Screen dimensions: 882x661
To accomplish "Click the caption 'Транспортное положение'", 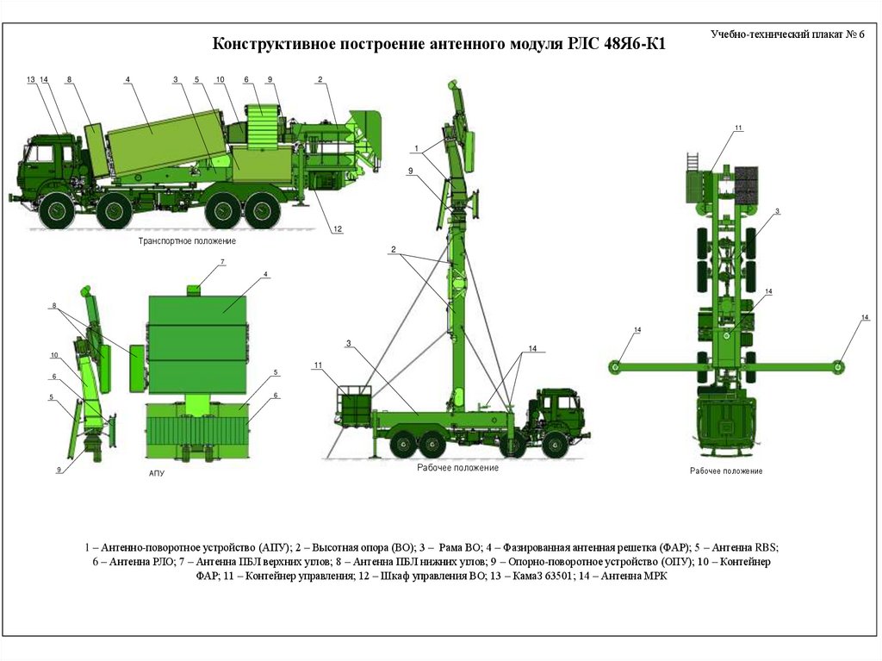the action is (187, 241).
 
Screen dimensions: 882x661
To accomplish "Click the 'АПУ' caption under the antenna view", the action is (157, 474).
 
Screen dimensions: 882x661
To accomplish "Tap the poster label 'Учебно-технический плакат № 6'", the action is (787, 34).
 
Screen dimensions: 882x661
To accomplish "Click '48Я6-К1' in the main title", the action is (634, 43).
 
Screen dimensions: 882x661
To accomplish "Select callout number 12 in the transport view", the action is (338, 229).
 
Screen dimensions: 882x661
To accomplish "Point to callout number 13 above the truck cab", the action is (31, 80).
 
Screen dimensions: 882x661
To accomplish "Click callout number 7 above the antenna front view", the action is (222, 262).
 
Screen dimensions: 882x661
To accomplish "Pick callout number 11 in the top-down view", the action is (738, 128).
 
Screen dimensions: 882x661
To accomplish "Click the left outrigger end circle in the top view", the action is (615, 367).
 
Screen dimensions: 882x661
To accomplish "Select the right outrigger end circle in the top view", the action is (839, 366).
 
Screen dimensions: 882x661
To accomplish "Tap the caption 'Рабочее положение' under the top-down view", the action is (726, 471).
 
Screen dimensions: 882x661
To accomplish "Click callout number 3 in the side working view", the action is (349, 344).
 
